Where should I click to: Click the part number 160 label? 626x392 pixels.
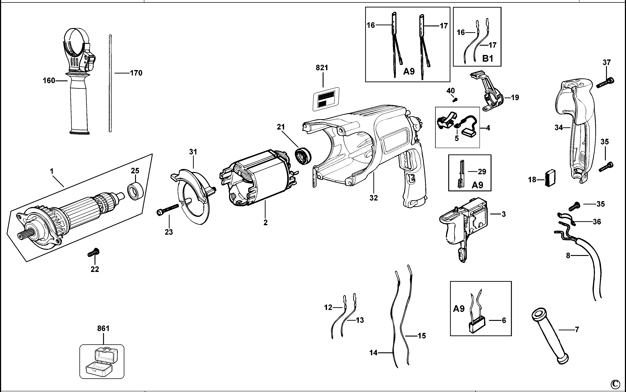pos(49,81)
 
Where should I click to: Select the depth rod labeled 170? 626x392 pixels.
pos(110,83)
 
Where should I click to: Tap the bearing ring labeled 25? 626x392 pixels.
pos(135,191)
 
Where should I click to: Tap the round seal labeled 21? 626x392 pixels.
pos(303,156)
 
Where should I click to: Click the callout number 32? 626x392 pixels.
pos(374,198)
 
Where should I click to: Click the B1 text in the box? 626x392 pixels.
pos(487,59)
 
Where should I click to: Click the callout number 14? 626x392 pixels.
pos(373,353)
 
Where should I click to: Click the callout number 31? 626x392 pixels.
pos(193,152)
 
